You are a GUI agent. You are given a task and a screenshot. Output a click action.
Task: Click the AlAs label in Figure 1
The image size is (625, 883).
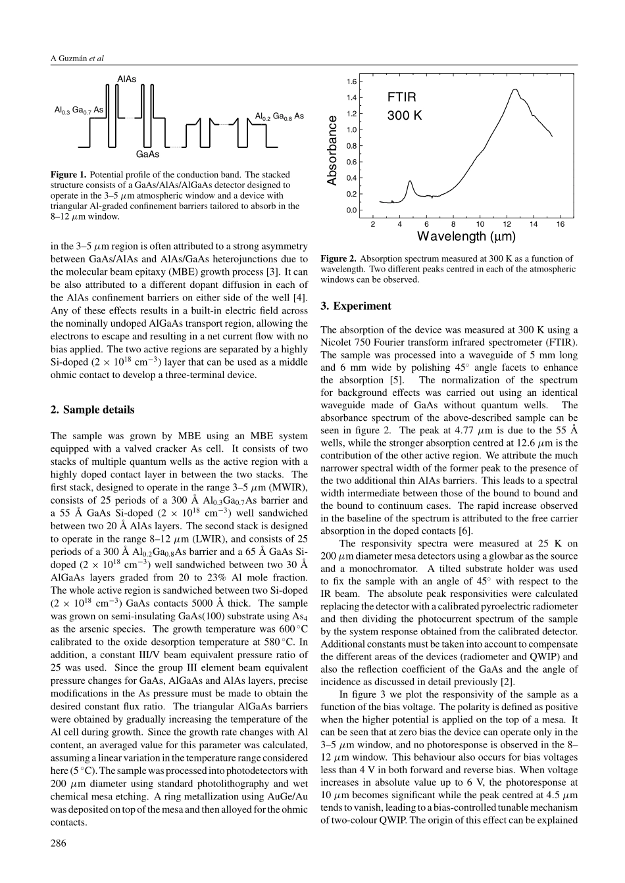tap(127, 79)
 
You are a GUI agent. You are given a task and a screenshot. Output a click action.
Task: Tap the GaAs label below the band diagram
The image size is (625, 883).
tap(147, 155)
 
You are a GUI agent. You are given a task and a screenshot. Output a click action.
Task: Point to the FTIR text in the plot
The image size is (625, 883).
tap(401, 97)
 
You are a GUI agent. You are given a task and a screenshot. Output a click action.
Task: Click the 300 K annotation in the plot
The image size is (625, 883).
tap(405, 116)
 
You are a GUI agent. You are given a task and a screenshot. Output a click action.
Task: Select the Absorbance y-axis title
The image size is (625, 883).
tap(332, 150)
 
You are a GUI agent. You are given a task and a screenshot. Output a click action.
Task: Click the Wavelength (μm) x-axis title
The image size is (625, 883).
tap(466, 236)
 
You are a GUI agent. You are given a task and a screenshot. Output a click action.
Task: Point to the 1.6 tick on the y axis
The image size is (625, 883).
tap(352, 82)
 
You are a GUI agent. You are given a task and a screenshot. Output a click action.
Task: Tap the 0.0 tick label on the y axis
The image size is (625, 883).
tap(352, 210)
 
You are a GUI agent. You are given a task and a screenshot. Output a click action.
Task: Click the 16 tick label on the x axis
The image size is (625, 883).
tap(561, 224)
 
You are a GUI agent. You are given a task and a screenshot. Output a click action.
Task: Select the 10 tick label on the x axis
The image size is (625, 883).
tap(480, 224)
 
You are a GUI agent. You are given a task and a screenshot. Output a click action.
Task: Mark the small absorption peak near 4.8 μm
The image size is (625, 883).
tap(410, 181)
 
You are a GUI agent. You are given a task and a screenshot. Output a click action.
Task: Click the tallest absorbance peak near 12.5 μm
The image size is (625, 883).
tap(514, 89)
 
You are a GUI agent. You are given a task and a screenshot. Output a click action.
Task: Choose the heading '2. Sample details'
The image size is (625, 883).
tap(92, 410)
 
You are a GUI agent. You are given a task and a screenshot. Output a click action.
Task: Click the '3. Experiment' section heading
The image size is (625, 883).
tap(355, 306)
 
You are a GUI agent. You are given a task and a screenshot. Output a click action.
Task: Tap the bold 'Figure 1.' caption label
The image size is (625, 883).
tap(68, 175)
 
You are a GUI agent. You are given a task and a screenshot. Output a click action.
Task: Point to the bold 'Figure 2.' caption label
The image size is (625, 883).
tap(339, 258)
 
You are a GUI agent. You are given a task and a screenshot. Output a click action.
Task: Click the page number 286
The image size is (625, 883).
tap(59, 844)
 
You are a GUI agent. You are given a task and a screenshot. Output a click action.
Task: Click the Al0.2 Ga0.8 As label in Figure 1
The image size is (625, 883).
tap(280, 116)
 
